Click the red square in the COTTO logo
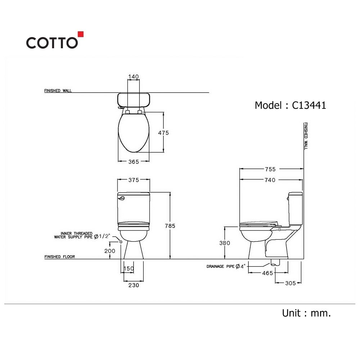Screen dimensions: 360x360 point(80,34)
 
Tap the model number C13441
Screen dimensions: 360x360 point(309,105)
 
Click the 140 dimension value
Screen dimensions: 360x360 point(134,77)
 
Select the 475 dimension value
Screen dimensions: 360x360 point(163,133)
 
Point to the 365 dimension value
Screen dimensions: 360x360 point(134,162)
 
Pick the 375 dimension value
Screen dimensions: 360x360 point(134,180)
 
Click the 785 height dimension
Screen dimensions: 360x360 point(170,226)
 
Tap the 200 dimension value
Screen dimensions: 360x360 point(110,251)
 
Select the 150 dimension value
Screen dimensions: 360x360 point(129,269)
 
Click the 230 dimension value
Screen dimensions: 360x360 point(134,285)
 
